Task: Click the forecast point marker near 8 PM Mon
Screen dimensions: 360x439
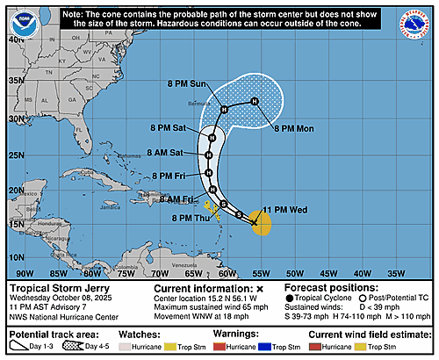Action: click(255, 103)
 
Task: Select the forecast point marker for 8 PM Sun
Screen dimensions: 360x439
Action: click(225, 109)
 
